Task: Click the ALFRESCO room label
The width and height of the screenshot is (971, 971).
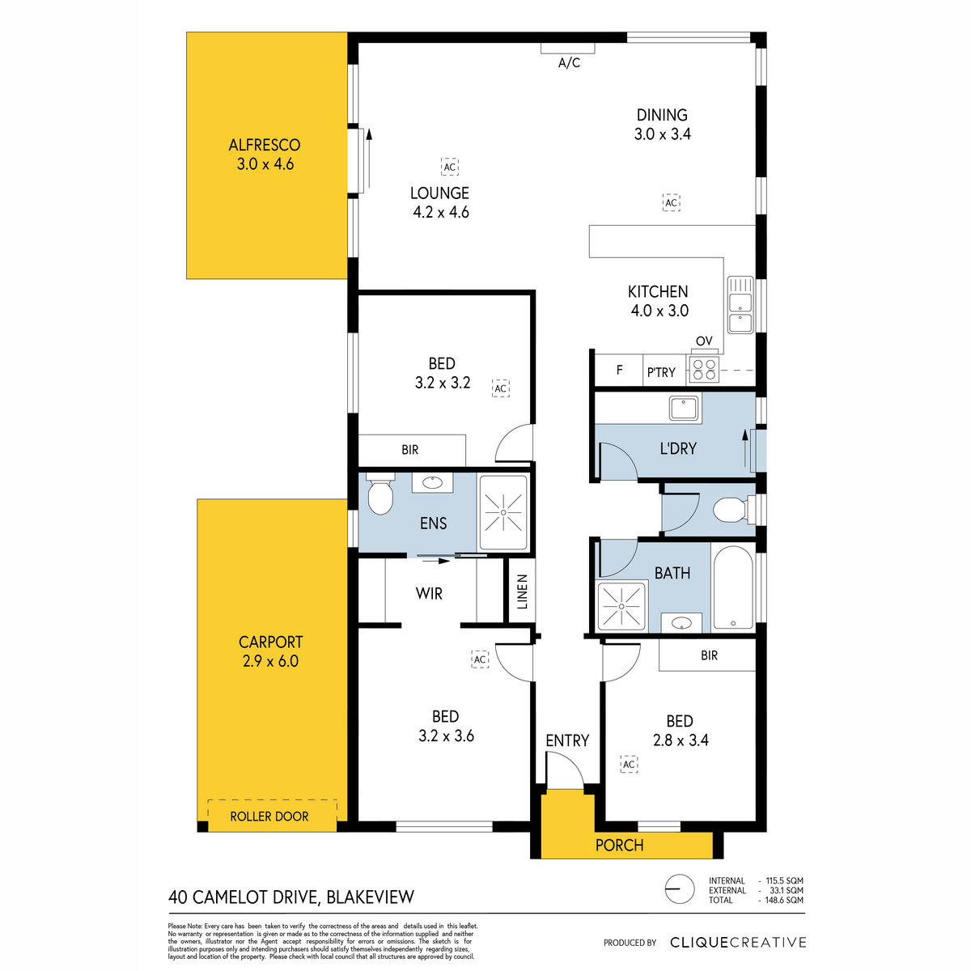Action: tap(264, 145)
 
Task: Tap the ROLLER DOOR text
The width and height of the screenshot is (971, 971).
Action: tap(269, 816)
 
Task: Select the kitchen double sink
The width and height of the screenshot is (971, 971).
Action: tap(740, 305)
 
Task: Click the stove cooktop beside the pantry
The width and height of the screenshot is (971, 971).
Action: tap(704, 369)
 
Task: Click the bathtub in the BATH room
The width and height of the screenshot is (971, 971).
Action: tap(732, 587)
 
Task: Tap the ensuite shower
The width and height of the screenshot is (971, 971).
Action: tap(503, 512)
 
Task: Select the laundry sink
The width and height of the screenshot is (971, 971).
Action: tap(684, 408)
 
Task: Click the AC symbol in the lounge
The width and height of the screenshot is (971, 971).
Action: tap(449, 167)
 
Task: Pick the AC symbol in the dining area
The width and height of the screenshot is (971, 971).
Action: tap(671, 202)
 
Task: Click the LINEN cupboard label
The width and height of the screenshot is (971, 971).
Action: tap(522, 592)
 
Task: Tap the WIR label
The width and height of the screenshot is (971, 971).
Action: tap(429, 594)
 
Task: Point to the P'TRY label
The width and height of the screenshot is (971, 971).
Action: tap(661, 372)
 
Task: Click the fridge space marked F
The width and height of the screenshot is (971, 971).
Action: tap(619, 371)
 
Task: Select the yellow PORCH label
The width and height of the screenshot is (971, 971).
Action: tap(619, 845)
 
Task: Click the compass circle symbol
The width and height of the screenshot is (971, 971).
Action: tap(680, 888)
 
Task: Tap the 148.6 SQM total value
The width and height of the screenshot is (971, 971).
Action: tap(784, 900)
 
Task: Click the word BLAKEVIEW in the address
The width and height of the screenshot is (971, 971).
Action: tap(371, 897)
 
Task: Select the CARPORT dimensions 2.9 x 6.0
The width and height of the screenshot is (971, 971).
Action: tap(270, 660)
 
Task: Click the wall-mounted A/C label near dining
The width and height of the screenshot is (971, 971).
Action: tap(569, 62)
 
